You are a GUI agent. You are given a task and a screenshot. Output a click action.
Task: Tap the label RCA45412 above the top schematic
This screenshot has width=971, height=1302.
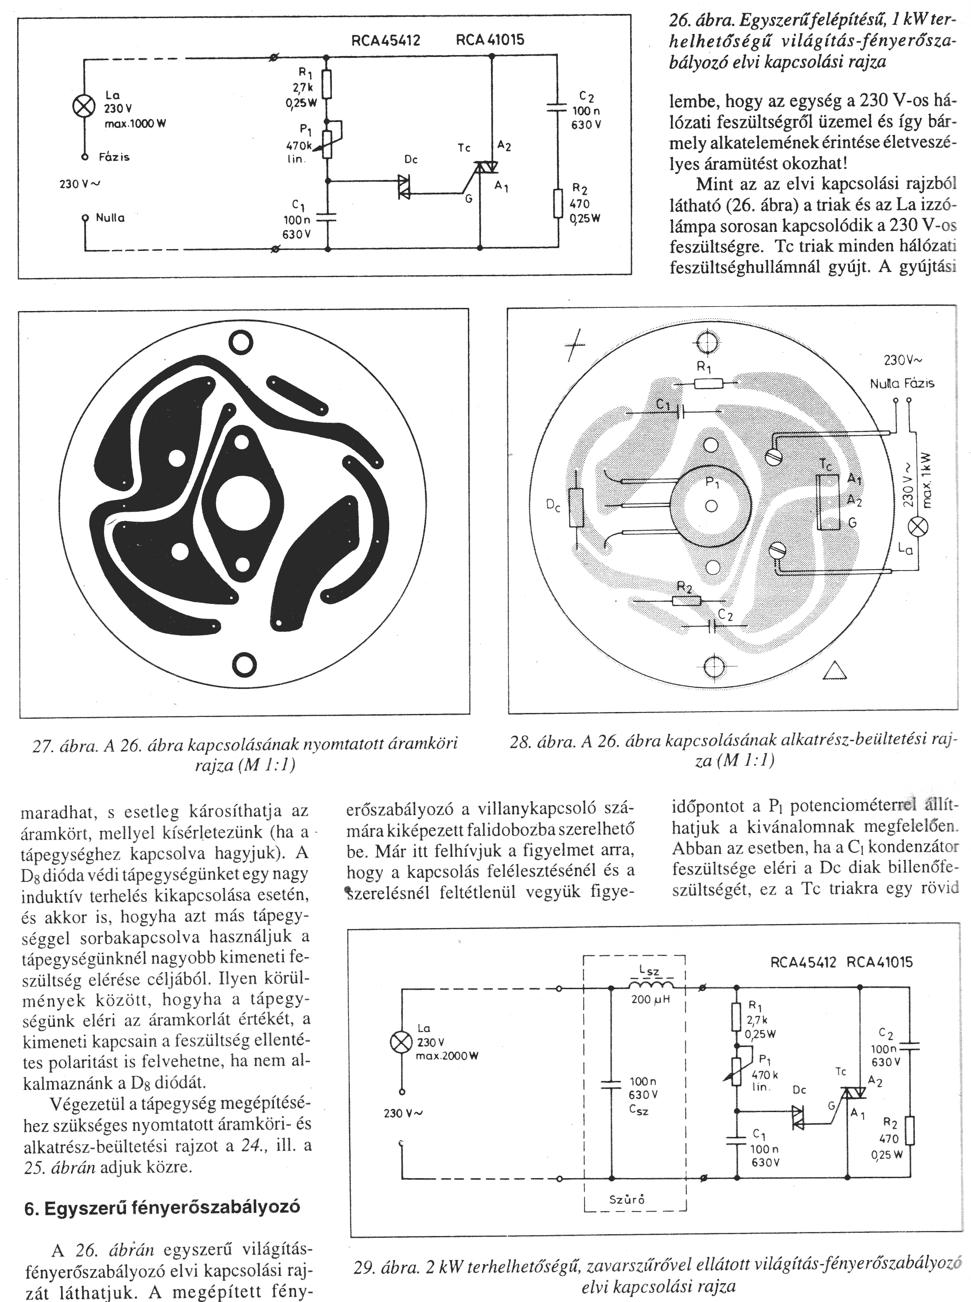pyautogui.click(x=386, y=41)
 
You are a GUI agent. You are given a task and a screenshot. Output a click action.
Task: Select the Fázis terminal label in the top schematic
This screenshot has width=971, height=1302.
pyautogui.click(x=114, y=157)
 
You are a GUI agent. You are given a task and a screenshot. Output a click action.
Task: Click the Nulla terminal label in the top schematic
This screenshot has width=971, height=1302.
pyautogui.click(x=110, y=218)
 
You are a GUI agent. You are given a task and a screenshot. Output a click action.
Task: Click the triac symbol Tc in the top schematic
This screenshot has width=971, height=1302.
pyautogui.click(x=485, y=169)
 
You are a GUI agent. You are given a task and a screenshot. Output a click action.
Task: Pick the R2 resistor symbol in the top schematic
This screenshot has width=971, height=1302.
pyautogui.click(x=558, y=203)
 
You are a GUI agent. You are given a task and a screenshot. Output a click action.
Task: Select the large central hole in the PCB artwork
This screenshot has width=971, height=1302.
pyautogui.click(x=243, y=503)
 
